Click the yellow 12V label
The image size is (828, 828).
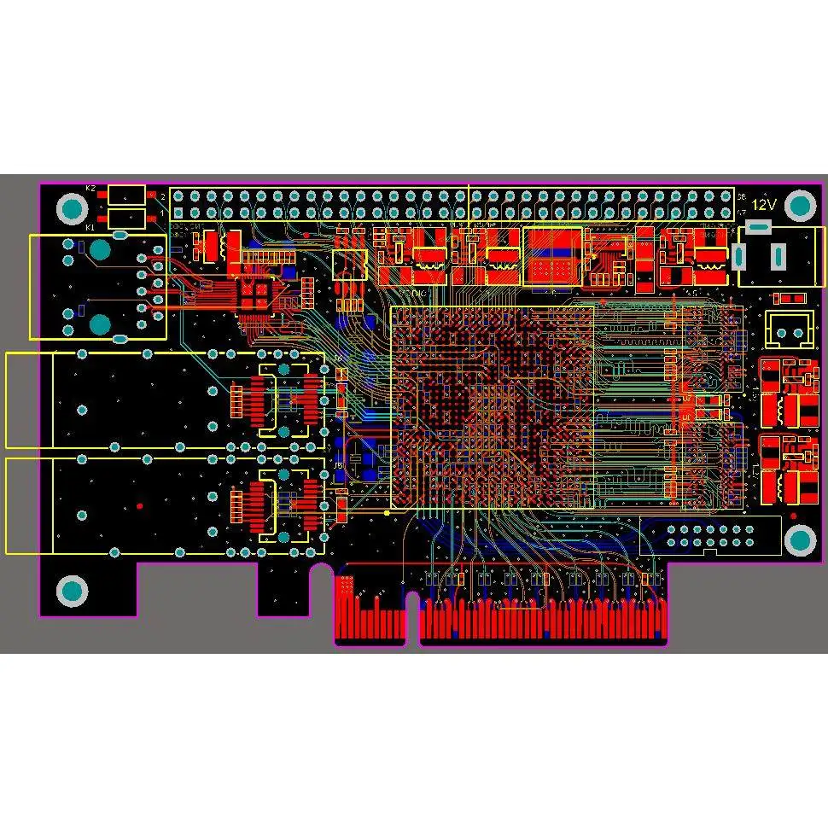(x=764, y=204)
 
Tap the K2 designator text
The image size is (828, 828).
(x=90, y=187)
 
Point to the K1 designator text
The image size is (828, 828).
(x=90, y=227)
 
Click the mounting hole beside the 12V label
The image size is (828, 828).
(x=801, y=205)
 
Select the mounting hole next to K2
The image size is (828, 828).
(x=72, y=207)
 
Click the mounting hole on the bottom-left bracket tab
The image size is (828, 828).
(x=72, y=590)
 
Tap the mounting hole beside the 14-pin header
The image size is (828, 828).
(x=800, y=539)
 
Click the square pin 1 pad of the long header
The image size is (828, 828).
(x=178, y=213)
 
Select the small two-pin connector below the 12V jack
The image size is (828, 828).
(x=790, y=329)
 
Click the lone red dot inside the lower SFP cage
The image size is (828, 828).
(x=140, y=505)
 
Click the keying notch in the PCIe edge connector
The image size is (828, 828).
(x=412, y=610)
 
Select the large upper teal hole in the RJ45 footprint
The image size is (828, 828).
(x=101, y=249)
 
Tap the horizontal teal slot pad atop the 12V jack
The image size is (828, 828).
(x=758, y=226)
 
